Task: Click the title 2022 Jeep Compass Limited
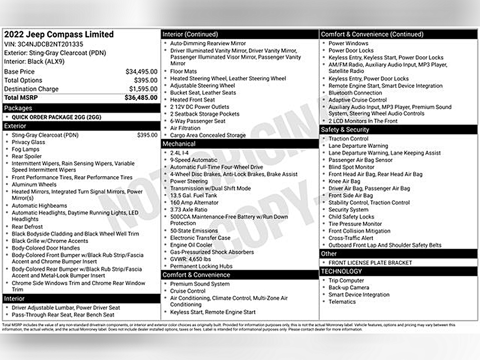59,35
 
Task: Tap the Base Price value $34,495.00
142,72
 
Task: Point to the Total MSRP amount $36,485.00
141,97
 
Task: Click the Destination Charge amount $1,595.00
143,89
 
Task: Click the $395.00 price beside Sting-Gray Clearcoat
147,135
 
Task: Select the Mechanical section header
179,144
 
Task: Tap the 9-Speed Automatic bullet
193,160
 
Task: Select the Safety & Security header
345,130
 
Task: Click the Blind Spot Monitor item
351,167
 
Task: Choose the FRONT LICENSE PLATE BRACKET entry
370,263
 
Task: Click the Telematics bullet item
342,301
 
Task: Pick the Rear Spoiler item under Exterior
27,156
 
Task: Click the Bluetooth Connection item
355,93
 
